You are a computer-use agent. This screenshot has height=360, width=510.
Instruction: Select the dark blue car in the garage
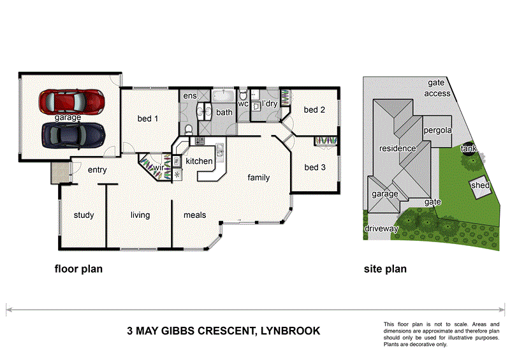click(x=72, y=134)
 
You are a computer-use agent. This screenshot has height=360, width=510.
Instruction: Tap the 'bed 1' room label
click(x=148, y=118)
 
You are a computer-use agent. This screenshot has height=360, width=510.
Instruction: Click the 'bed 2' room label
click(x=315, y=110)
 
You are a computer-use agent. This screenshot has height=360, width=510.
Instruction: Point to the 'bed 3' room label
click(x=315, y=168)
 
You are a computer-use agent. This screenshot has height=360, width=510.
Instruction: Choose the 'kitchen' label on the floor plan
click(x=199, y=161)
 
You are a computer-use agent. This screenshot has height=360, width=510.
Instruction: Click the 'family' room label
click(x=259, y=178)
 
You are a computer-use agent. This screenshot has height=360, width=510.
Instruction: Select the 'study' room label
click(x=84, y=215)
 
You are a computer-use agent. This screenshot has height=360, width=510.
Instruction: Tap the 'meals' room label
click(x=195, y=215)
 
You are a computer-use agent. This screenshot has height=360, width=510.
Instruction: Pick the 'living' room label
click(x=140, y=215)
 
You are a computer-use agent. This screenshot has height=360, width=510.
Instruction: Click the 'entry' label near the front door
click(x=97, y=169)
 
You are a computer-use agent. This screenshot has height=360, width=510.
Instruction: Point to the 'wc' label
click(x=243, y=103)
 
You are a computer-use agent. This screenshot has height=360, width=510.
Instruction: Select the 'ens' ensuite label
click(x=190, y=96)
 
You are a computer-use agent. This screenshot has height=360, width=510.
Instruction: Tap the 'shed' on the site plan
click(x=480, y=185)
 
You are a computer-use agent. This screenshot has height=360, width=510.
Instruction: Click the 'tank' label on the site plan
click(x=469, y=149)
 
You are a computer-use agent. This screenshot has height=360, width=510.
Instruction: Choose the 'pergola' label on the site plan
click(x=437, y=130)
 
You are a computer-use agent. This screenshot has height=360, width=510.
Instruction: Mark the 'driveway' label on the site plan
click(x=381, y=228)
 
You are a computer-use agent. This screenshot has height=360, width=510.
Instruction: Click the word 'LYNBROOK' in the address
click(x=289, y=331)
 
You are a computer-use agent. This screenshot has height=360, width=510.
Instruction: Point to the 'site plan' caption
click(x=385, y=269)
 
